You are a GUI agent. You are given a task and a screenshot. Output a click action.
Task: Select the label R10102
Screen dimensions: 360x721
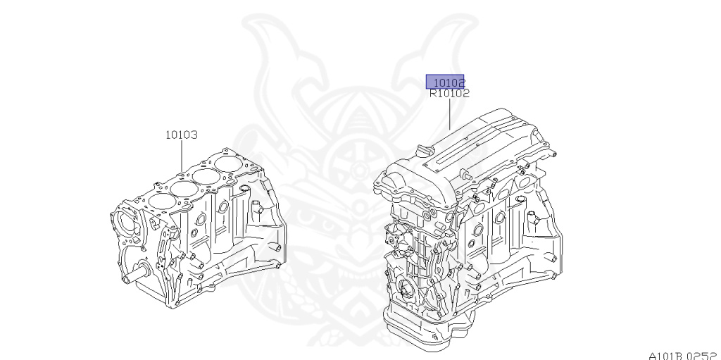(449, 92)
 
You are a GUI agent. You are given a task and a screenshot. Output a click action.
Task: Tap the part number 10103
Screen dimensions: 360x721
(181, 134)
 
